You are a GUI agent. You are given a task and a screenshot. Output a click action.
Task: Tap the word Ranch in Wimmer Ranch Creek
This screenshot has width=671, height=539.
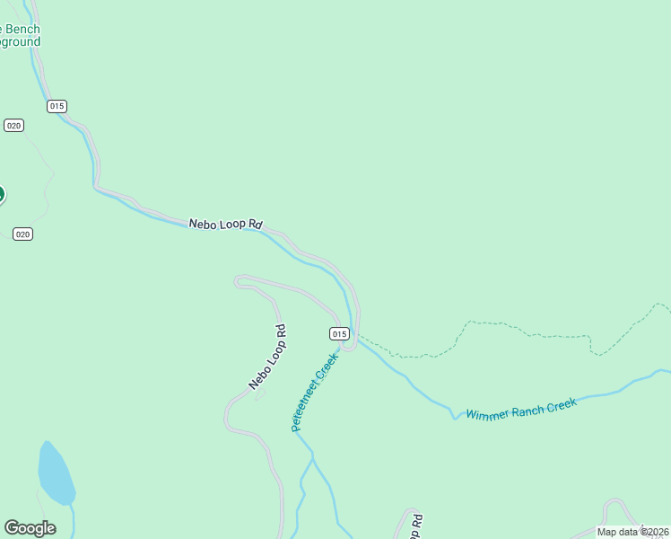527,409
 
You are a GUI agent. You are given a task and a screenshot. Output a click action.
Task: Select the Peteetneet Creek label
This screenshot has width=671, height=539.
315,392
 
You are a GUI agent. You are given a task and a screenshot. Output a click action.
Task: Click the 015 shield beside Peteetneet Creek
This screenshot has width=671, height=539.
339,333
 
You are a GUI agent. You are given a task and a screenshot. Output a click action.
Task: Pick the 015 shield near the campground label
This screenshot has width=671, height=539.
57,106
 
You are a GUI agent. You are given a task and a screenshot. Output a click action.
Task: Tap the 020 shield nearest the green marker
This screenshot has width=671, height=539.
23,234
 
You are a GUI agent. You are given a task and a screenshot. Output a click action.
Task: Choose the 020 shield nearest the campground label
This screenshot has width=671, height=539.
13,125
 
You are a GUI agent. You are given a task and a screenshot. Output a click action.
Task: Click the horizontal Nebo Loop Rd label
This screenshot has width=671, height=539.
225,224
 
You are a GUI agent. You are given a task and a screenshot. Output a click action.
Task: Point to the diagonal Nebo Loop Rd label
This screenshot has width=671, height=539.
267,358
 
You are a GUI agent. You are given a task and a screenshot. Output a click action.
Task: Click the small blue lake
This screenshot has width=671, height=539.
55,474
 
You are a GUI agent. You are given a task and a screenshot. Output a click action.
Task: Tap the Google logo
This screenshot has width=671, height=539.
30,528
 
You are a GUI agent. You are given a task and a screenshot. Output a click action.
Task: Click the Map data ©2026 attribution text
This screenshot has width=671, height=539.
632,532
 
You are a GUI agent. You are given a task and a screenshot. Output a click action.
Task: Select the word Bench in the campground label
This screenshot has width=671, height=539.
22,30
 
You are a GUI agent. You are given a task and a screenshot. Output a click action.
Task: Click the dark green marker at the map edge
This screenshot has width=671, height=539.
1,194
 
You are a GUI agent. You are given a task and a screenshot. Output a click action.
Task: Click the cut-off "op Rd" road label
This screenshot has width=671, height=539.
414,528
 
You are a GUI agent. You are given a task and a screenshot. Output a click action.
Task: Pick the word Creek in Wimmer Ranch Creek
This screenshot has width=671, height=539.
560,404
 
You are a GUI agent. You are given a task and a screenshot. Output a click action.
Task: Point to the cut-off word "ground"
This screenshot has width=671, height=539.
20,42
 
